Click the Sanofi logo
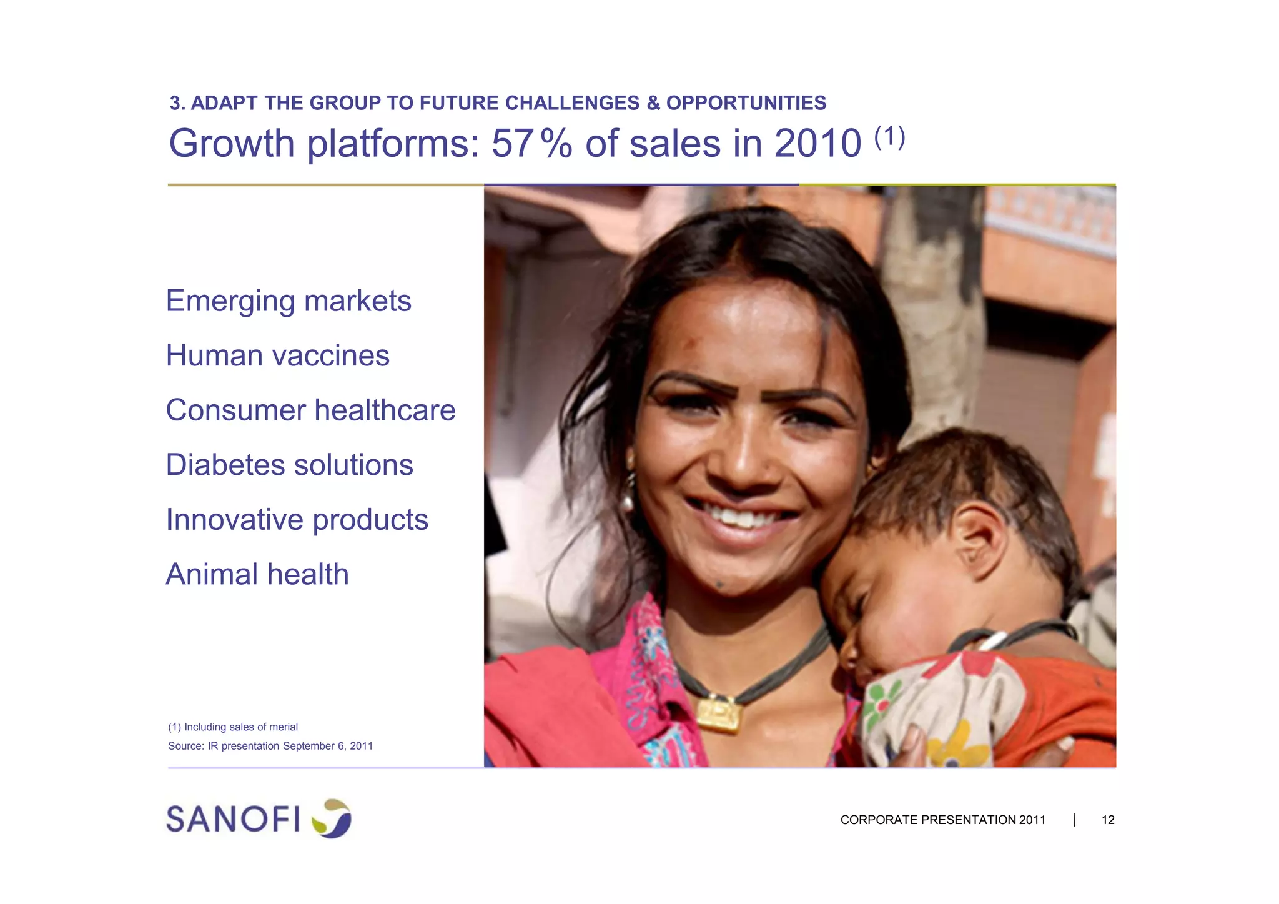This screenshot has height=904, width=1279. [259, 818]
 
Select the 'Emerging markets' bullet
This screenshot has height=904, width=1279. [289, 301]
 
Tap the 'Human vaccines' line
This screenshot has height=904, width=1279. [277, 356]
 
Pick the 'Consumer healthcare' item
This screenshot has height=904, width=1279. [310, 410]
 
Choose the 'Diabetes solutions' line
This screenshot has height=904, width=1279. [289, 465]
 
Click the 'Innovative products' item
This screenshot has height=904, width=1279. [297, 520]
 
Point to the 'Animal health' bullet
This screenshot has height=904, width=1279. [257, 575]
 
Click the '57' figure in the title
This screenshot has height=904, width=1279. [512, 144]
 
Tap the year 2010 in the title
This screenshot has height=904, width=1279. [818, 144]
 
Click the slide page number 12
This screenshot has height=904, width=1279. [1108, 820]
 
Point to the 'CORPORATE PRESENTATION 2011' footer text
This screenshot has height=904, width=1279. [942, 820]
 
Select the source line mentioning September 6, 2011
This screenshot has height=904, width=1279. [270, 746]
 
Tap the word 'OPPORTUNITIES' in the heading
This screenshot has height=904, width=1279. [746, 103]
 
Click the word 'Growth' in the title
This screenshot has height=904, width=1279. [232, 144]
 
